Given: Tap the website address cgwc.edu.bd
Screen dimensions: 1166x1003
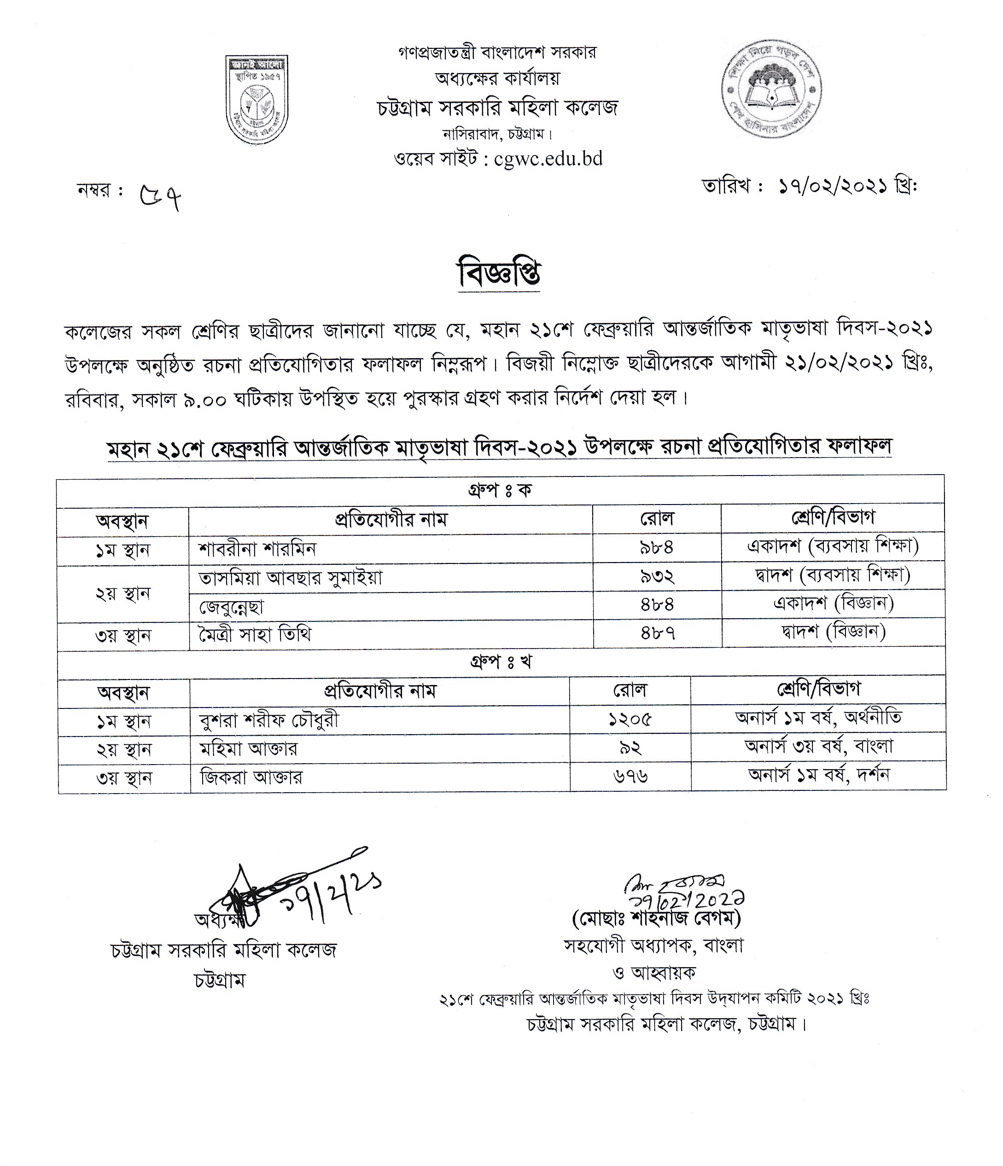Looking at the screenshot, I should coord(548,159).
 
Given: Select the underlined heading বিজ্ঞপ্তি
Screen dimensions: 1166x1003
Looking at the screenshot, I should coord(500,274).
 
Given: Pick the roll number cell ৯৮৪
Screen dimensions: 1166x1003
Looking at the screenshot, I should coord(657,547).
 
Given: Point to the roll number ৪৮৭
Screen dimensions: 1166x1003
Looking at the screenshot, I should coord(658,634).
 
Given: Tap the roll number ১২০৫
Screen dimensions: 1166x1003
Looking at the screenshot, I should coord(630,720).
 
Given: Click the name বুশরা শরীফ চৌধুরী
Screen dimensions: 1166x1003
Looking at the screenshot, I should coord(269,720).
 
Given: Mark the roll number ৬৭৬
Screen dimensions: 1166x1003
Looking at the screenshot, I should coord(630,777).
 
